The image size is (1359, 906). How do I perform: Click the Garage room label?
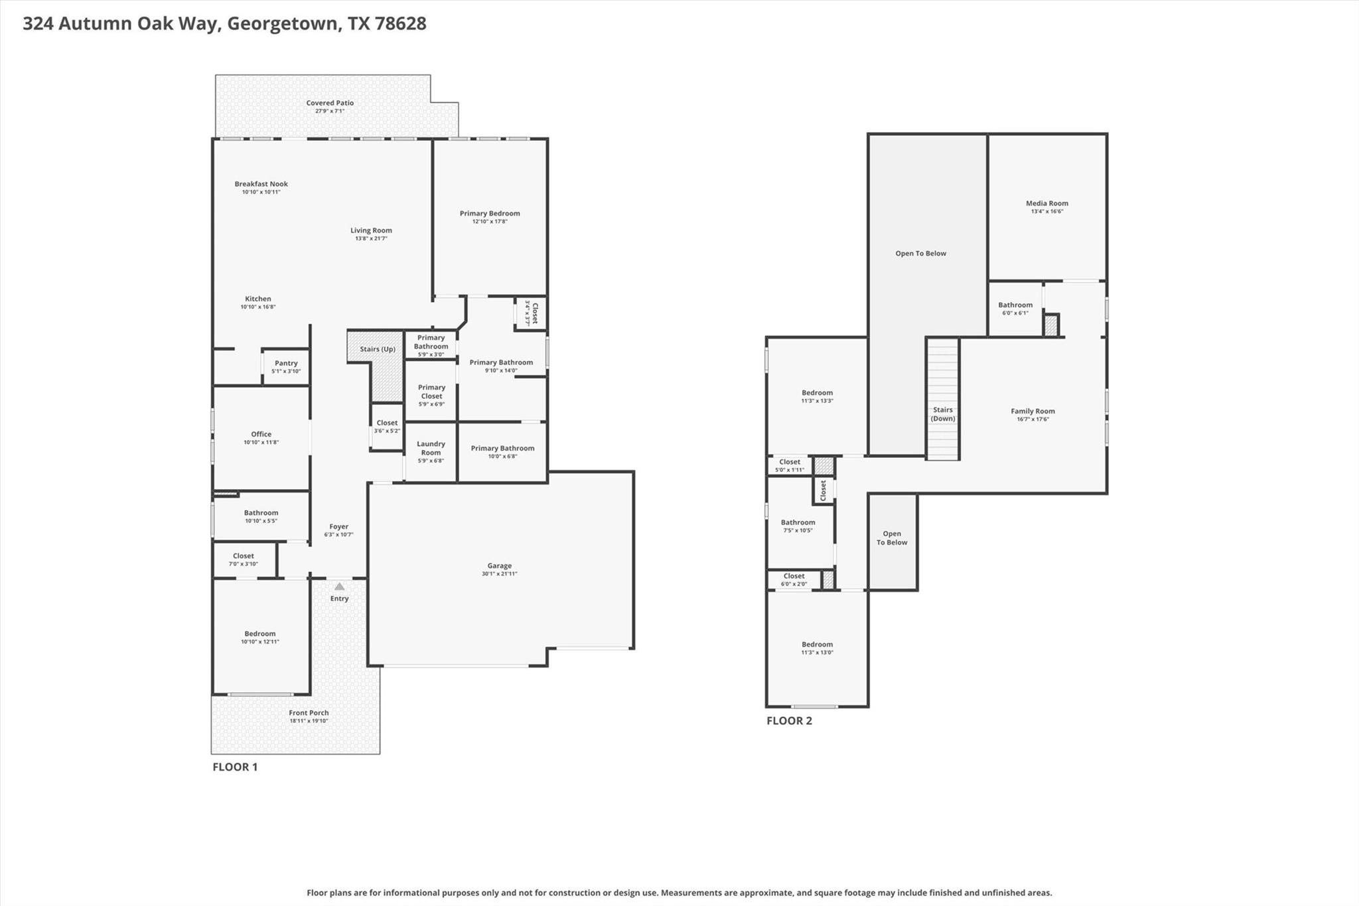point(499,566)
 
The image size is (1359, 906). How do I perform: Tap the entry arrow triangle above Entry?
point(339,586)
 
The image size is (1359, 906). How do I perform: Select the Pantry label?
point(286,363)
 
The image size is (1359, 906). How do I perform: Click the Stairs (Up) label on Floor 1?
point(378,349)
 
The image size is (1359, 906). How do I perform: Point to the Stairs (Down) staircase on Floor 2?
point(942,398)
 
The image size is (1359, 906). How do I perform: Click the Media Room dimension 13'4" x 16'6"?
point(1046,212)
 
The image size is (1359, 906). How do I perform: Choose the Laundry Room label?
point(431,448)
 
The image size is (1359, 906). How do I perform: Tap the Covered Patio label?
point(330,103)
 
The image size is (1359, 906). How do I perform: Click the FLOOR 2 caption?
point(789,721)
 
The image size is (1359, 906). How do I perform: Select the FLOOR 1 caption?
point(235,767)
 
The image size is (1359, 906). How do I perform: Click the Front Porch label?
point(309,713)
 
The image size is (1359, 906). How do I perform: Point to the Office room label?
point(261,434)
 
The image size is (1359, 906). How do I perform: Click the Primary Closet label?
point(431,392)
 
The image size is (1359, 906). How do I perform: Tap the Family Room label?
point(1033,411)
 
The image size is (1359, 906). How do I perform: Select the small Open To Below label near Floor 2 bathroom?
point(892,538)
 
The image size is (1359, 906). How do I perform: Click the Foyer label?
point(338,526)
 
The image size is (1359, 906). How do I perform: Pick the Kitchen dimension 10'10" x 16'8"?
point(258,307)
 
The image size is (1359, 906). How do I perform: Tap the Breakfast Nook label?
point(261,184)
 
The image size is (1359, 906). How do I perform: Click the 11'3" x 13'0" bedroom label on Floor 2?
point(817,652)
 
